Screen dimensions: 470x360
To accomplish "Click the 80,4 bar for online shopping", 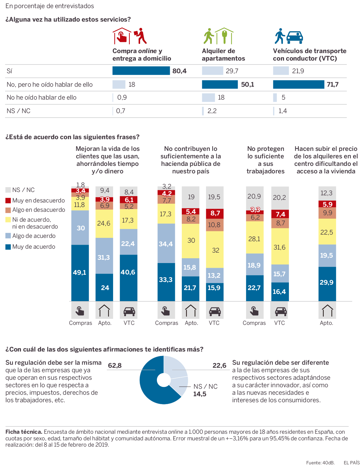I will pos(141,71).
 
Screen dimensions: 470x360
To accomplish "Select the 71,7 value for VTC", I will pos(333,85).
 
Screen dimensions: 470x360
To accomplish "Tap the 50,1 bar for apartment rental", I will pos(220,85).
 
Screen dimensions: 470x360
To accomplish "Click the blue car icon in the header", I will pos(295,37).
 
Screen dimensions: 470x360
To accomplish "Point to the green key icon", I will pos(224,36).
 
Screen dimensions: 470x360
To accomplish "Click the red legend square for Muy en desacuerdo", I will pos(8,200).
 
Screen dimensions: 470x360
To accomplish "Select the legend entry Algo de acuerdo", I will pos(34,236).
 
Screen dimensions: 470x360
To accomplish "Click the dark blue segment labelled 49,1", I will pos(80,273).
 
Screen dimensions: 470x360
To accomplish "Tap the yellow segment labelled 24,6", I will pos(104,223).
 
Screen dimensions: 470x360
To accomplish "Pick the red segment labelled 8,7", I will pos(215,213).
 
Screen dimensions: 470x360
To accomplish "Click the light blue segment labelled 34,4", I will pos(166,243).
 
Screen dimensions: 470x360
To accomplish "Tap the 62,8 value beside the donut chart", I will pos(115,365).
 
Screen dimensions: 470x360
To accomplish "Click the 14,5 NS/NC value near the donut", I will pos(200,394).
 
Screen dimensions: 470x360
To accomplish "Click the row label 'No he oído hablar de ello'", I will pos(41,97).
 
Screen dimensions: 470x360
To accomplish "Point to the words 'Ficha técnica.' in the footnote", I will pos(24,432).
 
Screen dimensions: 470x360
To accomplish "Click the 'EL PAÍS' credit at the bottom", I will pos(351,463).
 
